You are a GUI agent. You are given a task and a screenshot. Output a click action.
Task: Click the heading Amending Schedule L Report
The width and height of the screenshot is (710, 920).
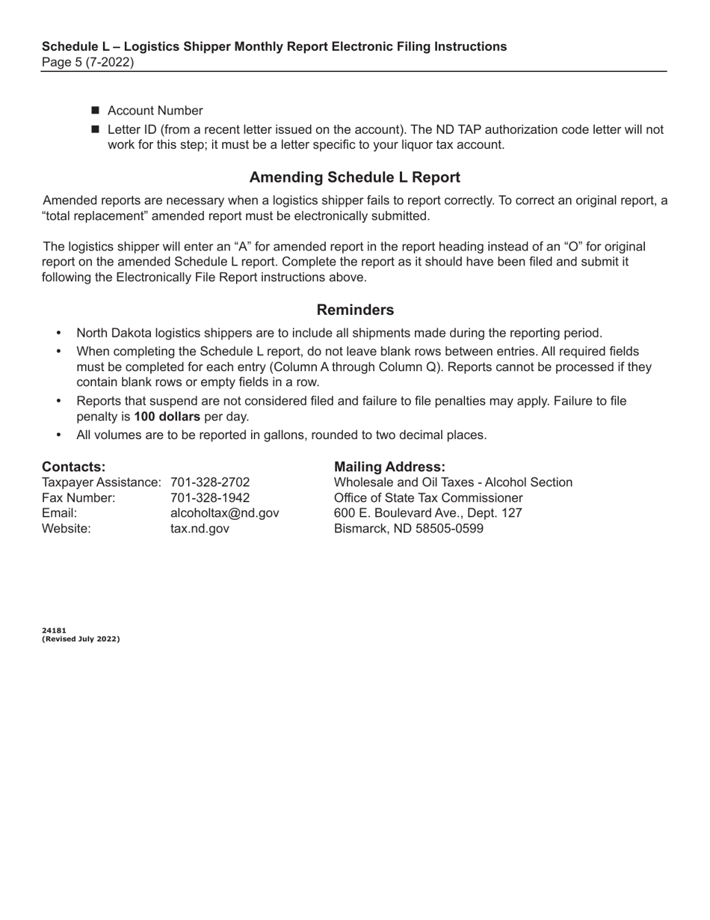354,177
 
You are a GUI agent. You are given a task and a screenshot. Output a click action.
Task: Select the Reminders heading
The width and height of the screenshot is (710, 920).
355,310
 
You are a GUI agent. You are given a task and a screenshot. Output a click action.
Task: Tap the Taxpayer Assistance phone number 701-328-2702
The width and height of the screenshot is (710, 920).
210,482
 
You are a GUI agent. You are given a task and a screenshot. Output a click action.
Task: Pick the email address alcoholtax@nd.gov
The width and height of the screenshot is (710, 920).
225,513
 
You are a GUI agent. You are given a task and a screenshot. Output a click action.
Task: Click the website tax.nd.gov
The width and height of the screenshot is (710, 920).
200,529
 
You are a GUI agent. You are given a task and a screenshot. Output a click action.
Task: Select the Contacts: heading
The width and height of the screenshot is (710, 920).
73,467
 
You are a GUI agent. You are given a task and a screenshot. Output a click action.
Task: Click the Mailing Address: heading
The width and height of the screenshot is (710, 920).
389,467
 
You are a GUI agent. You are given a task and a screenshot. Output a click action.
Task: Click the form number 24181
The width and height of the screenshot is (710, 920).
54,631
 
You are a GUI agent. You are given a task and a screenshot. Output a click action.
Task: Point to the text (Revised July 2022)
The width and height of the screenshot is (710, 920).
81,639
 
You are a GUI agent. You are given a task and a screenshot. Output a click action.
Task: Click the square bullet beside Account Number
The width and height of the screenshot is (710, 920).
96,111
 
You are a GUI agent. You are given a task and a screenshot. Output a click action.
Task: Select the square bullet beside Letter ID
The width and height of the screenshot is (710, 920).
96,129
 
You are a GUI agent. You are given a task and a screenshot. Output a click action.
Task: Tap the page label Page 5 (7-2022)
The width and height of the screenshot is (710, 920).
88,62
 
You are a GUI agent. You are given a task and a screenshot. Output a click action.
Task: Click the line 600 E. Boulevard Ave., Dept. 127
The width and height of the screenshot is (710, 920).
427,513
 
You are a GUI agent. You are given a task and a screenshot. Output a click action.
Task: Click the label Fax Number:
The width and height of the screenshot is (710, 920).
78,498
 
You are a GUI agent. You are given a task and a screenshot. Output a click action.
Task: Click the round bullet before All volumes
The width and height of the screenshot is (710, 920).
60,435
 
